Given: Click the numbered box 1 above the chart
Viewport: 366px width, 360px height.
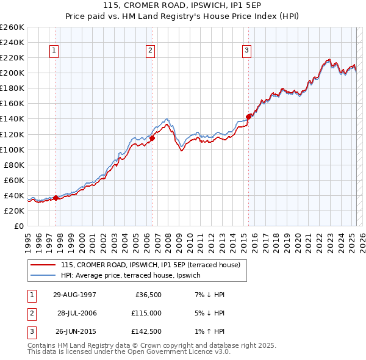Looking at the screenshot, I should (54, 51).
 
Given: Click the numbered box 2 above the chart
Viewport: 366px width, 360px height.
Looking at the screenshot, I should (150, 51).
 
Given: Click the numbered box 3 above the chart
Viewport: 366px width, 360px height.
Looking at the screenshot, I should (247, 51).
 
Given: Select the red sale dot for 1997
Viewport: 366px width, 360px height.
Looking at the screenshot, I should (56, 198).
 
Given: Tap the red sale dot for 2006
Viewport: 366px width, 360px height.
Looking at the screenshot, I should (152, 138).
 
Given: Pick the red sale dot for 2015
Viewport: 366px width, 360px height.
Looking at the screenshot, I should (248, 117).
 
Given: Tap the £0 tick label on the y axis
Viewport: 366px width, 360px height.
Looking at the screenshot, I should (18, 226).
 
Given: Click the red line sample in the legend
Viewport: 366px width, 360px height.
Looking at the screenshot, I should (43, 265).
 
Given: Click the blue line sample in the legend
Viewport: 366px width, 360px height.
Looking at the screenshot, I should (43, 275).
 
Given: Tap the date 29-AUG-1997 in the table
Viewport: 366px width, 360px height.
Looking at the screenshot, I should (74, 295).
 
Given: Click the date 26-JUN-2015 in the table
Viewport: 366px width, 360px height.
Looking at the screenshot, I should (74, 333).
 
